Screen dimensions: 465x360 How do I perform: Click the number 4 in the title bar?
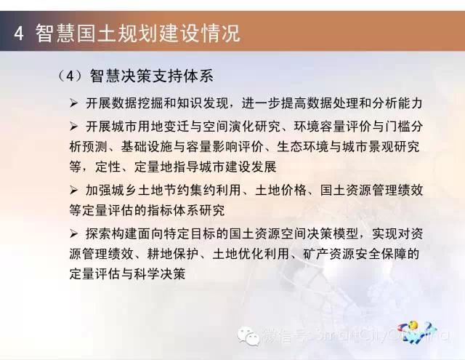pyautogui.click(x=18, y=33)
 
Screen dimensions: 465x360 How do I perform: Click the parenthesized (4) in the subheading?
pyautogui.click(x=70, y=76)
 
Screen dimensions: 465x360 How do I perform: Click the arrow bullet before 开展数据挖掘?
pyautogui.click(x=73, y=103)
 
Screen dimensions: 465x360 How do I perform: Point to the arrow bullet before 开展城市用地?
pyautogui.click(x=73, y=127)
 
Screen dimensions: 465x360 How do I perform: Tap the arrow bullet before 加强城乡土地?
pyautogui.click(x=73, y=190)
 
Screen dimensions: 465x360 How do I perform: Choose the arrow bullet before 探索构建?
pyautogui.click(x=73, y=234)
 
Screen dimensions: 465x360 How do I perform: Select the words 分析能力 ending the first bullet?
pyautogui.click(x=397, y=103)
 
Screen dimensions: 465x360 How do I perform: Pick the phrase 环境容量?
pyautogui.click(x=320, y=127)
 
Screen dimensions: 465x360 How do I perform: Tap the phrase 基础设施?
pyautogui.click(x=146, y=147)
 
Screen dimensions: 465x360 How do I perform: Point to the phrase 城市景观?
pyautogui.click(x=368, y=147)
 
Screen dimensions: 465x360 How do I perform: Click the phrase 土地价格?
pyautogui.click(x=280, y=190)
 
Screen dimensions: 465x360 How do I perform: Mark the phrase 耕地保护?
pyautogui.click(x=173, y=254)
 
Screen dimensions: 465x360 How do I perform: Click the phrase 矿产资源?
pyautogui.click(x=329, y=254)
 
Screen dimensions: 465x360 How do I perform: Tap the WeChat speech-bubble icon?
pyautogui.click(x=248, y=336)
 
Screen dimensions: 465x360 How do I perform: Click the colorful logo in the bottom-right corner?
pyautogui.click(x=417, y=332)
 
